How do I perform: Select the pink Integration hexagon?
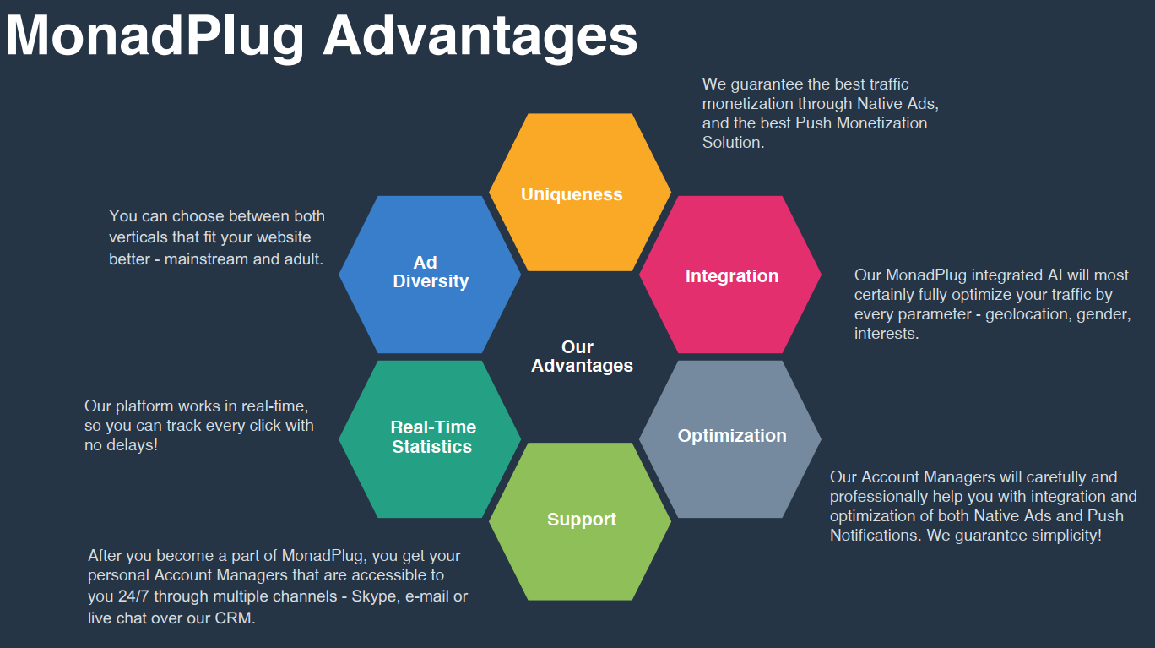(x=730, y=275)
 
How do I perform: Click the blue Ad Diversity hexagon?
(x=430, y=273)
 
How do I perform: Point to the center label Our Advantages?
(x=581, y=357)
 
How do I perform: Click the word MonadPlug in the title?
(x=155, y=35)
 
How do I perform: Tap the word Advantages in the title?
(x=480, y=35)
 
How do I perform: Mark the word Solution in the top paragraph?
(x=732, y=143)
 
